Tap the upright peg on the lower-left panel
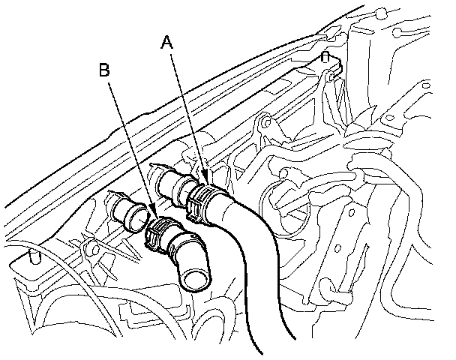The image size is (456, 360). click(x=32, y=256)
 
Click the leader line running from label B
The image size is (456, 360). click(x=132, y=150)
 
